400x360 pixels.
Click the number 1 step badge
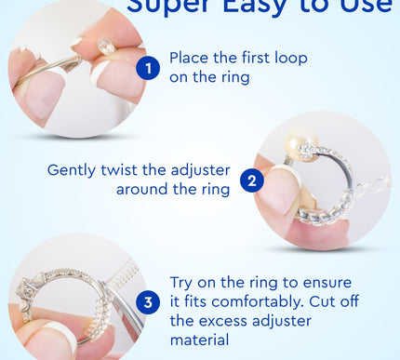(147, 67)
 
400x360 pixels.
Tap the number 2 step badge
(251, 180)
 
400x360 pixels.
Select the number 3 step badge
(147, 302)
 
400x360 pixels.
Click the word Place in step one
(190, 58)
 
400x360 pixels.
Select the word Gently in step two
(73, 170)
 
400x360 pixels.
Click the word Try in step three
(184, 280)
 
